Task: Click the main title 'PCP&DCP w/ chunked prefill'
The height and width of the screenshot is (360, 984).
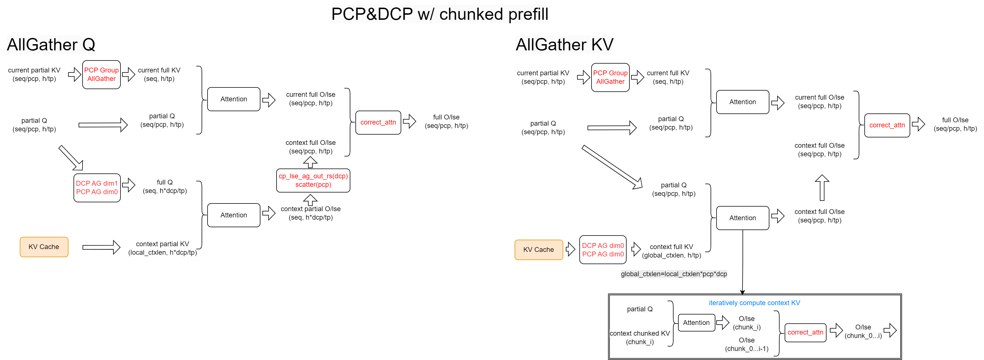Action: point(439,14)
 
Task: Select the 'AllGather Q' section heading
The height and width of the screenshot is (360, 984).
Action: point(51,45)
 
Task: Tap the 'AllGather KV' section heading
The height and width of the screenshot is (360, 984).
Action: point(564,45)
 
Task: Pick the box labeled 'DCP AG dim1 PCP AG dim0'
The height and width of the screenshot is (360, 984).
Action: point(97,188)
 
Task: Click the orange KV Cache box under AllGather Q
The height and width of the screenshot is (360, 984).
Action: point(44,247)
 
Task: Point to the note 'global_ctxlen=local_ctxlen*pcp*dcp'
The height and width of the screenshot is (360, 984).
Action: point(674,274)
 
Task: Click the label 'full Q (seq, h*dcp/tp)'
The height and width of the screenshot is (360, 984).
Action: point(165,187)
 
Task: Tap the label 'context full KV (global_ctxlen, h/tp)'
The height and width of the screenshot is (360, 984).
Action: point(671,251)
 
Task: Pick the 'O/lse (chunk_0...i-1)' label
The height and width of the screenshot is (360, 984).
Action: point(746,344)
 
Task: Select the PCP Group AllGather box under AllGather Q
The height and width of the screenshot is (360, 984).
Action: point(101,74)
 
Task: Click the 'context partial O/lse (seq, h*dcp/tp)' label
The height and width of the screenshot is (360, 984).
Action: point(310,213)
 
